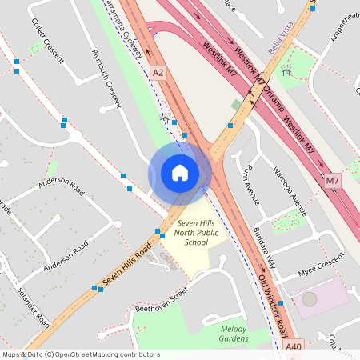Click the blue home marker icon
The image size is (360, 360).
coord(180,173)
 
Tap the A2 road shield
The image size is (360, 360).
coord(158,73)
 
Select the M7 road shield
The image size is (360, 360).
coord(333,182)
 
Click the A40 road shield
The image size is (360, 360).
coord(294,346)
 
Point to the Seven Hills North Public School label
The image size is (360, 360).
coord(195,234)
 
